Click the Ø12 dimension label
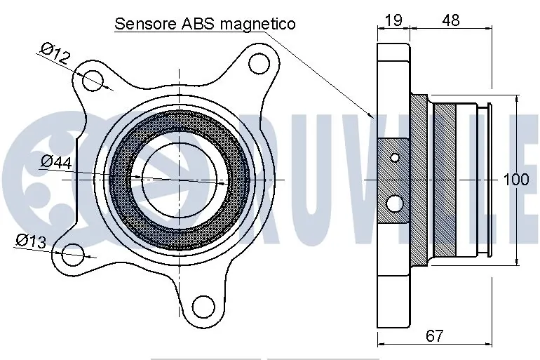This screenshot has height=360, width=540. click(55, 53)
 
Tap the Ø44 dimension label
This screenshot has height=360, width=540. click(57, 161)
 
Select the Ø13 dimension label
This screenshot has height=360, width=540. click(31, 241)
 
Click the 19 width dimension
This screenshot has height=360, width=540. click(393, 20)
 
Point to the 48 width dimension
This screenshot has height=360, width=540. click(451, 20)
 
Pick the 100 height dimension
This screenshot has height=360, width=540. click(516, 180)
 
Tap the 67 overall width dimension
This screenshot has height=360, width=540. click(434, 335)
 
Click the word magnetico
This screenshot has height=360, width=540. click(257, 25)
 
